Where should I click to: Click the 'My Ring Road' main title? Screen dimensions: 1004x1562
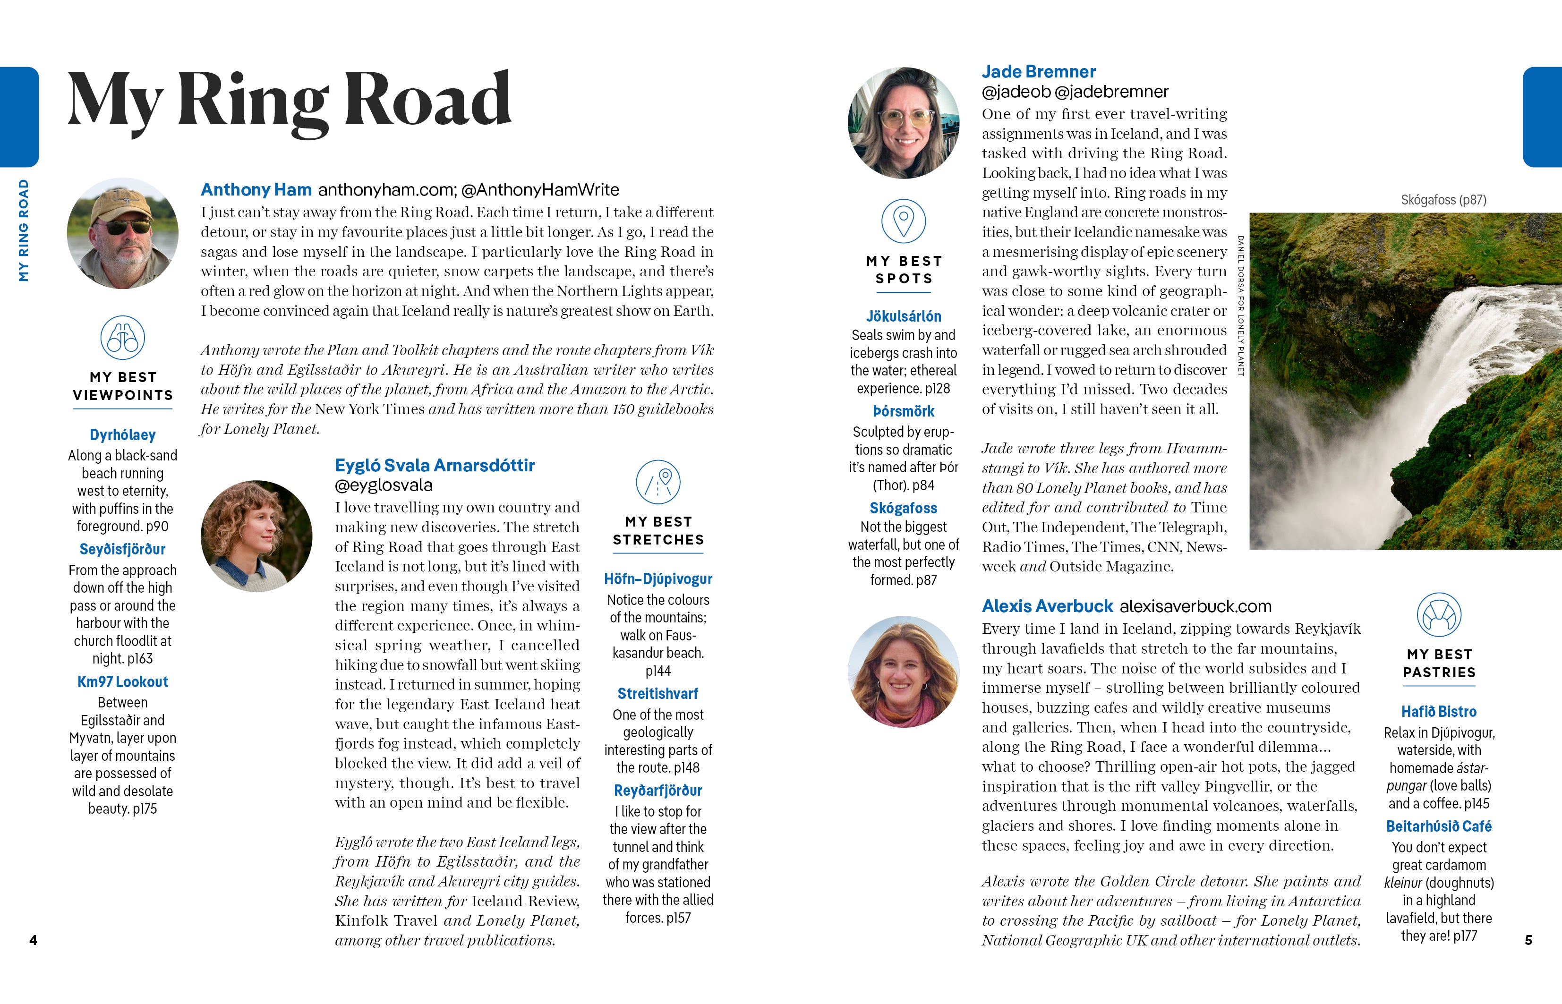click(x=290, y=101)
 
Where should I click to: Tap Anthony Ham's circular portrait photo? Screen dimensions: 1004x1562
click(x=122, y=233)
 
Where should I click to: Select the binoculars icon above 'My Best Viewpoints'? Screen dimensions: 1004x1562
click(x=122, y=338)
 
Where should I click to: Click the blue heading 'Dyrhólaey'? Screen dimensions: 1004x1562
click(x=122, y=435)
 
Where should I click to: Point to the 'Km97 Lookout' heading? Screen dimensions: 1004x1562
click(x=122, y=682)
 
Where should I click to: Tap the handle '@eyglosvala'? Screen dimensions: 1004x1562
click(x=384, y=485)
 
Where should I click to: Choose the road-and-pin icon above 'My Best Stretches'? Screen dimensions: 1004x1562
click(x=658, y=483)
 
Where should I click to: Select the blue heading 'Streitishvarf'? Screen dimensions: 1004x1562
click(x=658, y=694)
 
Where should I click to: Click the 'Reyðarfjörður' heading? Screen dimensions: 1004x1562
click(x=658, y=791)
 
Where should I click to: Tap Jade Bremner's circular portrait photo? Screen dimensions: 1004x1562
click(x=904, y=123)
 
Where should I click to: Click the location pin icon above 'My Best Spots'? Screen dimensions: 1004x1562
click(x=904, y=221)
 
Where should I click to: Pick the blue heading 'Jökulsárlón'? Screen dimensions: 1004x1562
click(x=904, y=316)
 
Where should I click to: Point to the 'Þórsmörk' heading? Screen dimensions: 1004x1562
click(x=904, y=411)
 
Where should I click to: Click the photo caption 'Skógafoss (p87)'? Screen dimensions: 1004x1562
click(x=1443, y=200)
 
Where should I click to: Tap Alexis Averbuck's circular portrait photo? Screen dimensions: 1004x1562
click(x=904, y=672)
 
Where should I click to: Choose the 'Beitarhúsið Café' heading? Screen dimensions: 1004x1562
click(x=1439, y=826)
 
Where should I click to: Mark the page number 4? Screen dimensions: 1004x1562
click(x=33, y=940)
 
